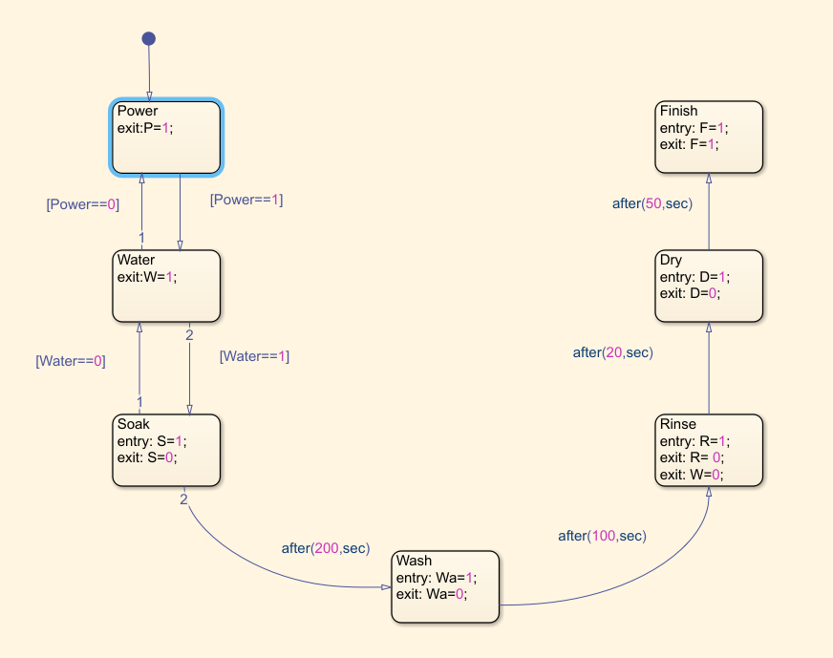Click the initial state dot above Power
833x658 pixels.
point(148,39)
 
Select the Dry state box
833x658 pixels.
point(709,286)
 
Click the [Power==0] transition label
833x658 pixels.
point(83,204)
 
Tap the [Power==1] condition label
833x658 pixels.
point(246,200)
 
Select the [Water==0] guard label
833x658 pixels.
point(70,361)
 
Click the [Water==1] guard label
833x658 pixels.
point(254,356)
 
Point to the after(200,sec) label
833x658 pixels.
point(325,548)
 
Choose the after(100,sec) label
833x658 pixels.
point(602,536)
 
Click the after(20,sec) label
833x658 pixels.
point(612,352)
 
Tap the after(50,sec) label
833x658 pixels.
point(652,203)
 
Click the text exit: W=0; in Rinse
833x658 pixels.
point(691,475)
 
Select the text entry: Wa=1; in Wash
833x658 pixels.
point(436,577)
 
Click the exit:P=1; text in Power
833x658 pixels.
point(145,128)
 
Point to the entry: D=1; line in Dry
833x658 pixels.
point(694,277)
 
